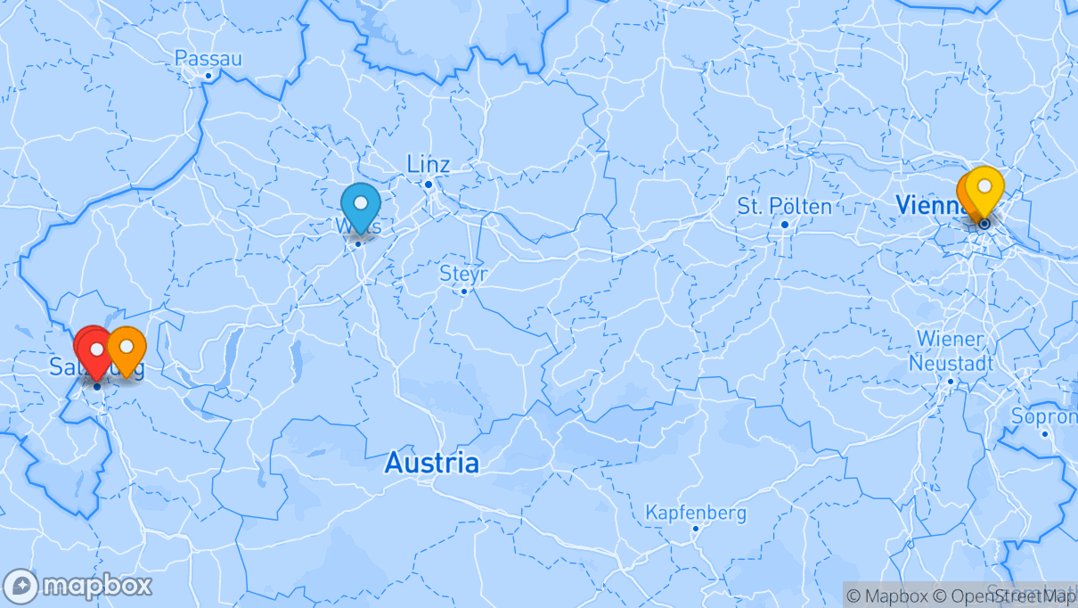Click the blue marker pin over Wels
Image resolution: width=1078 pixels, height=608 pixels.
click(x=360, y=204)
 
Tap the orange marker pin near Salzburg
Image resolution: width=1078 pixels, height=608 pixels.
click(x=127, y=349)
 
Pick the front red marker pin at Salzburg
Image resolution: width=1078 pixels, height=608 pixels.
click(x=96, y=351)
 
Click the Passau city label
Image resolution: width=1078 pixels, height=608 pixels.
click(x=208, y=58)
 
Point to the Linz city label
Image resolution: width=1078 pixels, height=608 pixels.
click(x=429, y=164)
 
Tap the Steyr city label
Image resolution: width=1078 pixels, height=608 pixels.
click(x=463, y=273)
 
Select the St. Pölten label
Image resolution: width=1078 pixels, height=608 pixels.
click(x=784, y=207)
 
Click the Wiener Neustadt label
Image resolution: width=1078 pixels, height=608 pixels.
click(x=950, y=351)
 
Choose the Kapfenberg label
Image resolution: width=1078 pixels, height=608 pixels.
click(x=696, y=514)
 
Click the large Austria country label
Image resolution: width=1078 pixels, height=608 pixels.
click(x=431, y=464)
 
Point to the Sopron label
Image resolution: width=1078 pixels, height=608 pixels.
click(x=1043, y=416)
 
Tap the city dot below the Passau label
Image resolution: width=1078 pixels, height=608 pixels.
click(x=208, y=76)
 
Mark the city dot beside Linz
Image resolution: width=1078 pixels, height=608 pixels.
click(x=428, y=185)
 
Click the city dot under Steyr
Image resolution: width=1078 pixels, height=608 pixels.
click(x=463, y=291)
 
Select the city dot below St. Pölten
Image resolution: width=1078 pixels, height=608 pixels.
click(x=784, y=224)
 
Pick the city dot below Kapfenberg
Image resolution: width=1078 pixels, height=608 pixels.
click(x=696, y=529)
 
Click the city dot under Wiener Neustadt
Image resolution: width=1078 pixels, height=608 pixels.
click(x=950, y=382)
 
